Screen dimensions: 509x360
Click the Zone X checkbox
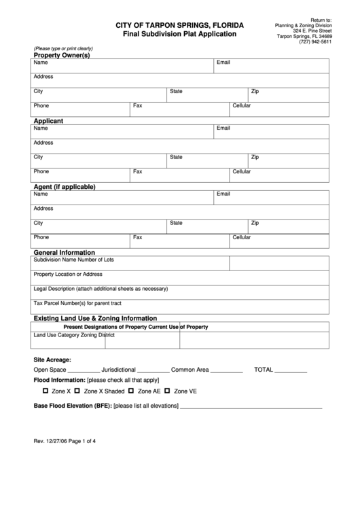pyautogui.click(x=46, y=391)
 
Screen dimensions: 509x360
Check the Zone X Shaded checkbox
pyautogui.click(x=77, y=391)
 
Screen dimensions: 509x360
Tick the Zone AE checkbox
pyautogui.click(x=131, y=391)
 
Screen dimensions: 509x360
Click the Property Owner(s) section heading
pyautogui.click(x=62, y=55)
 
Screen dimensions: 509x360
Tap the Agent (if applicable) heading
pyautogui.click(x=65, y=186)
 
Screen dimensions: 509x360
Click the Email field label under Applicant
pyautogui.click(x=223, y=128)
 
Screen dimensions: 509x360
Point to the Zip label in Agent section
pyautogui.click(x=255, y=222)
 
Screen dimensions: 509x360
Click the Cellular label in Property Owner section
pyautogui.click(x=242, y=106)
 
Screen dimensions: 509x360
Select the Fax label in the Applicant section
pyautogui.click(x=137, y=171)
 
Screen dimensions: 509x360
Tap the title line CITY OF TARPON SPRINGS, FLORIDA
pyautogui.click(x=180, y=25)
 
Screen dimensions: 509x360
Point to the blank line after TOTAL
pyautogui.click(x=291, y=371)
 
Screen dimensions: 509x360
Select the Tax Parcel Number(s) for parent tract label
pyautogui.click(x=77, y=303)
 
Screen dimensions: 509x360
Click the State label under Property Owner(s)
pyautogui.click(x=176, y=91)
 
